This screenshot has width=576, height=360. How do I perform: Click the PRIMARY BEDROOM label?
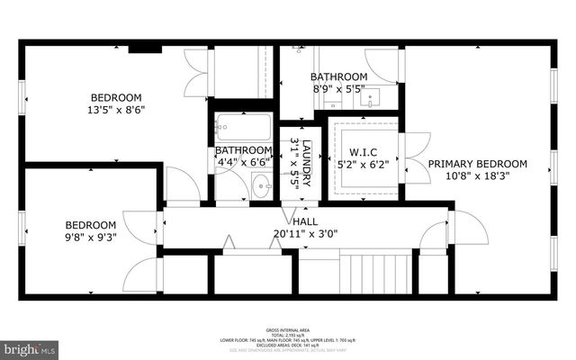(x=477, y=163)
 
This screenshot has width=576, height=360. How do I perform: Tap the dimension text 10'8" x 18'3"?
(x=477, y=177)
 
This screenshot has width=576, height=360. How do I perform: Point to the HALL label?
(x=304, y=220)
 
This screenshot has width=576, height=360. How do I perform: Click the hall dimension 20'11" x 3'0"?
(x=304, y=235)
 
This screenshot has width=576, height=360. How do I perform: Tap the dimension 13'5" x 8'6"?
(x=116, y=110)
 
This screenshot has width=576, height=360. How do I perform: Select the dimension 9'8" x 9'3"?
(x=90, y=238)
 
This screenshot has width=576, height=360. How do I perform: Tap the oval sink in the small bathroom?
(x=260, y=188)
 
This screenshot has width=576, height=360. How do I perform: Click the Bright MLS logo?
(x=29, y=346)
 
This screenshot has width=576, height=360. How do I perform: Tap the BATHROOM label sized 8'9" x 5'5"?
(x=338, y=76)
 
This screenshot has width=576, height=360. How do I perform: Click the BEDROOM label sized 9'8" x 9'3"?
(x=90, y=225)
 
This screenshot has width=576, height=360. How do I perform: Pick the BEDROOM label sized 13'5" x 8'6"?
(x=116, y=97)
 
